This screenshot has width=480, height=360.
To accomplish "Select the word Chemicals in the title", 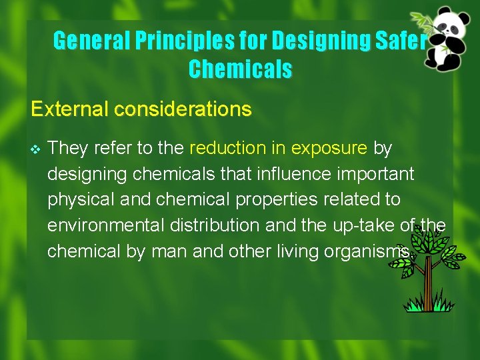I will tap(240, 69).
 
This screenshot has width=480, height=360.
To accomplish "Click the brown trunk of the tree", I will tap(428, 287).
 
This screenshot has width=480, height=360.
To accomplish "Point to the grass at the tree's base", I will tap(427, 306).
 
